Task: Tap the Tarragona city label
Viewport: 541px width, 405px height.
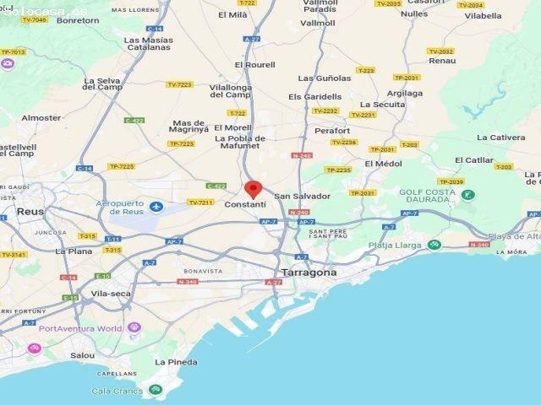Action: pos(308,273)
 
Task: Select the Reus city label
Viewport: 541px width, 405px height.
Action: pos(30,211)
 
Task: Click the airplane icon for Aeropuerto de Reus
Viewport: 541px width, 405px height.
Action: pos(155,207)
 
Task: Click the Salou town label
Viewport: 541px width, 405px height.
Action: pos(82,355)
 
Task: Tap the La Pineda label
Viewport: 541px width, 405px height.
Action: pos(176,362)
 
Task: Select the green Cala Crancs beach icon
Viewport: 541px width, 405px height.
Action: pos(155,390)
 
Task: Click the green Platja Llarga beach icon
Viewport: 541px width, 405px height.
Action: pos(434,246)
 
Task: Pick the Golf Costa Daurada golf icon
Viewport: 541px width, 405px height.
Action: pos(467,196)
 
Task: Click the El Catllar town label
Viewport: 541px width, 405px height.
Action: pos(473,159)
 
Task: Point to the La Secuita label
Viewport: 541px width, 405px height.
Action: pos(389,104)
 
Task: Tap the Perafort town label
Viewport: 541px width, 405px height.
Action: pos(331,131)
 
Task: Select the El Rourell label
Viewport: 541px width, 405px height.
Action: pos(254,65)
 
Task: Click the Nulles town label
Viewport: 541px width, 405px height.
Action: pos(413,14)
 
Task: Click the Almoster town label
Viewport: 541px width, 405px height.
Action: pos(41,118)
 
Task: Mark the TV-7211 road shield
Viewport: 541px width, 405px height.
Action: pos(199,202)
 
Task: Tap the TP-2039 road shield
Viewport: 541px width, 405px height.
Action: pos(451,181)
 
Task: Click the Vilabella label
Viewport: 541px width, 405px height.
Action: pos(483,15)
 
